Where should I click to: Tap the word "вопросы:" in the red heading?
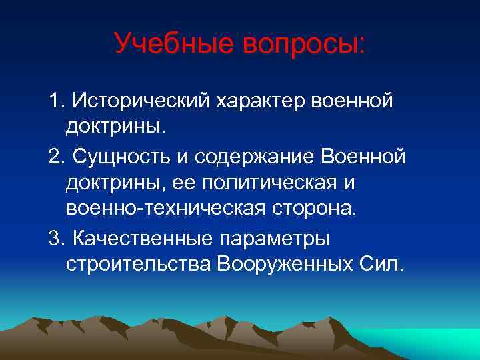[x=303, y=44]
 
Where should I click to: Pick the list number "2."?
[x=57, y=156]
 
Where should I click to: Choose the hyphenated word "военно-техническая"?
[x=164, y=209]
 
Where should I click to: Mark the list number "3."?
[x=57, y=237]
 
